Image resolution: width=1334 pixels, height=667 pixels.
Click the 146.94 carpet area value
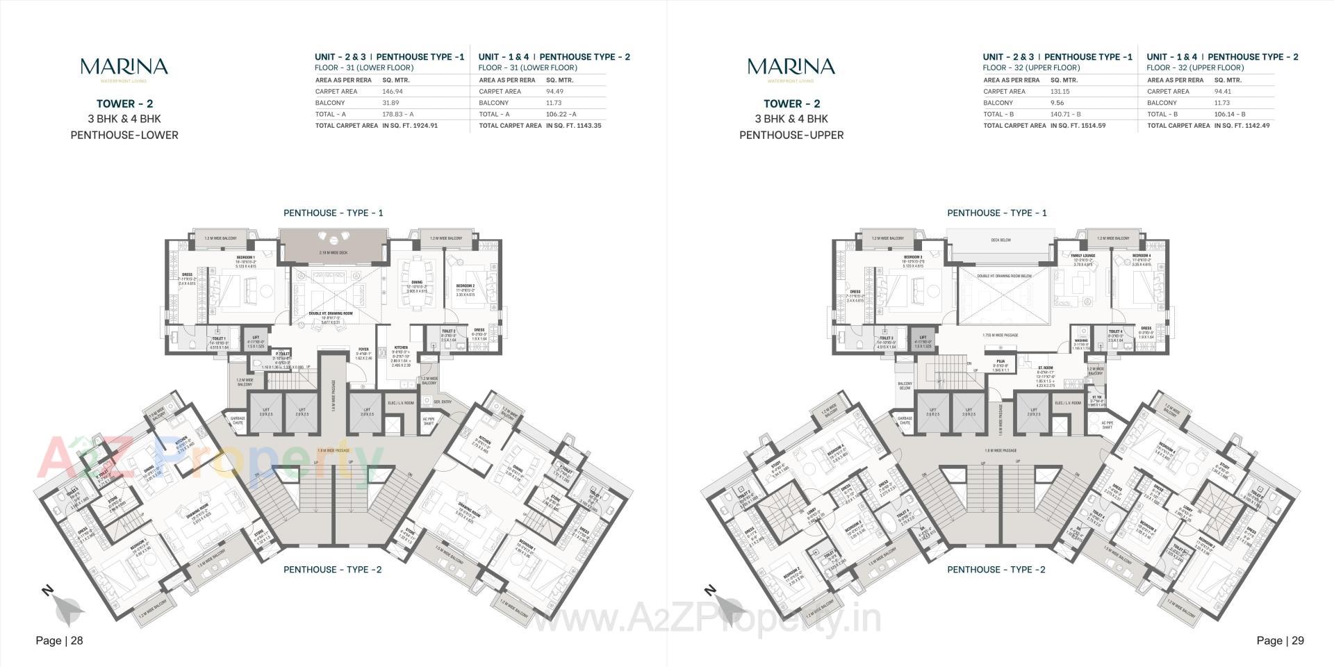coord(393,91)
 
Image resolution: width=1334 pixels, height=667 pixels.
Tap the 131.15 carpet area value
coord(1060,91)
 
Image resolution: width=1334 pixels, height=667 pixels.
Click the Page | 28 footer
coord(59,641)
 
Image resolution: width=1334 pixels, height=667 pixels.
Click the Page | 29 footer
coord(1280,641)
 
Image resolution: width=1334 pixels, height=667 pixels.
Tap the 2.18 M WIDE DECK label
coord(333,253)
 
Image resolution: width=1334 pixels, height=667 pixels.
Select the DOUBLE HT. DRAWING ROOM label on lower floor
coord(331,313)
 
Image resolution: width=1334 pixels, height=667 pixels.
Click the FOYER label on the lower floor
coord(363,349)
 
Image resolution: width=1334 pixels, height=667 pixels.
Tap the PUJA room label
coord(1000,361)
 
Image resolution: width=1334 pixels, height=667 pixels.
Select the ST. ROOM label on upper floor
coord(1045,368)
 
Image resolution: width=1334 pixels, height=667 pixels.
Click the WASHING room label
coord(1081,340)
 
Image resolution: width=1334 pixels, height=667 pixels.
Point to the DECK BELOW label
coord(1000,240)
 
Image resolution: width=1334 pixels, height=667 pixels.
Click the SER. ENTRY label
coord(443,402)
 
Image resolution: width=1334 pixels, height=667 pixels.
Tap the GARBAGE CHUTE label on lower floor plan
coord(238,420)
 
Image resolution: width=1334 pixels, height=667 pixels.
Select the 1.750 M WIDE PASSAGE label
coord(1000,335)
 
